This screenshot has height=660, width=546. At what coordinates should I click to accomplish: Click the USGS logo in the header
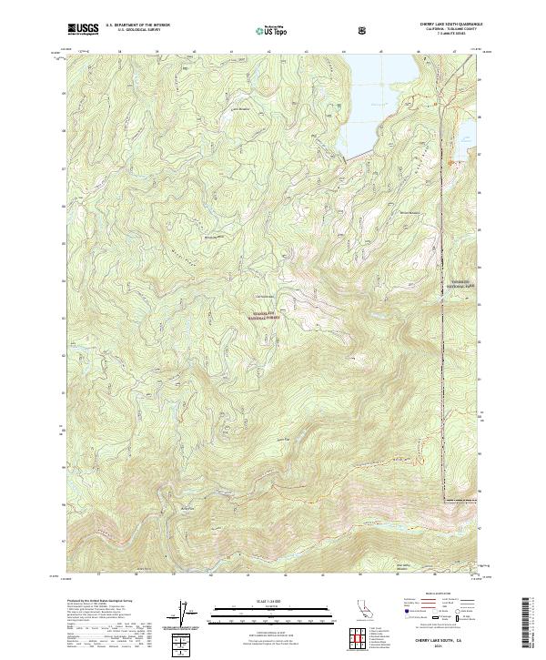pos(83,29)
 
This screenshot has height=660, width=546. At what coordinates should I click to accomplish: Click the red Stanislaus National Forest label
pos(262,315)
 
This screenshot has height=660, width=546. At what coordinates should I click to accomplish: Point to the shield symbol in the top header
pos(364,29)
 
